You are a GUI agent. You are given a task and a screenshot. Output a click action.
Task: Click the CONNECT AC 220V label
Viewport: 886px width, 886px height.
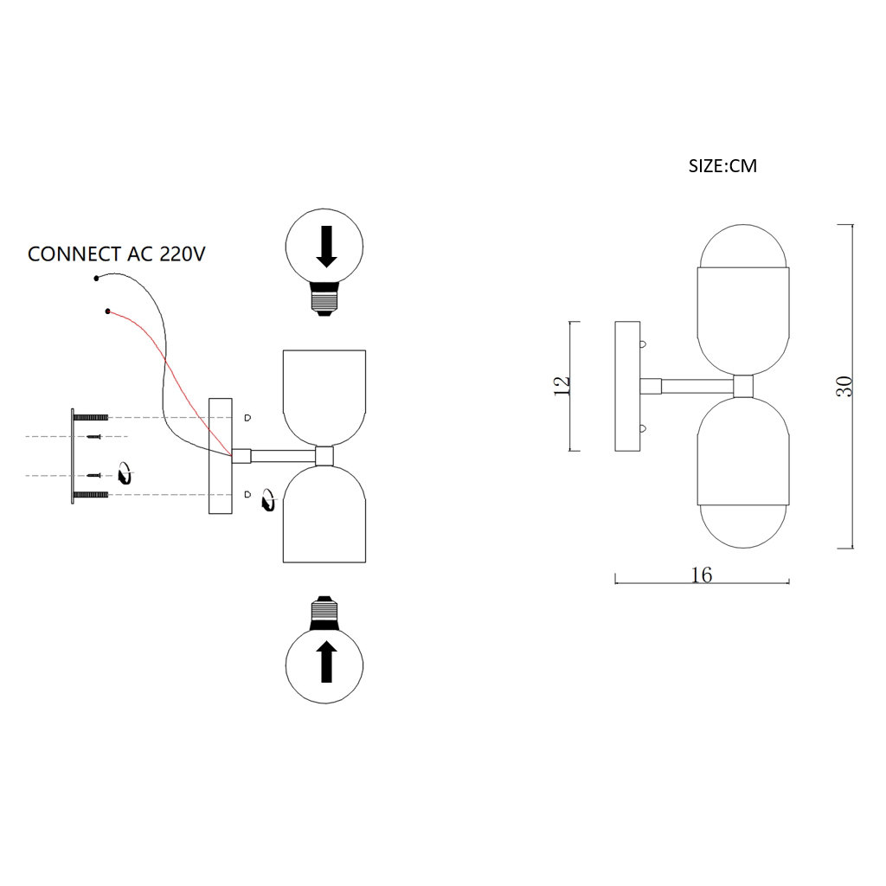pyautogui.click(x=116, y=254)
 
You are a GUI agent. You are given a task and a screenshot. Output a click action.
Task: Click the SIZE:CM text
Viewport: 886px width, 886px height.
pyautogui.click(x=722, y=166)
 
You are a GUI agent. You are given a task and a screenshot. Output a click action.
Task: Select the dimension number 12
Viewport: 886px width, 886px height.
pyautogui.click(x=562, y=386)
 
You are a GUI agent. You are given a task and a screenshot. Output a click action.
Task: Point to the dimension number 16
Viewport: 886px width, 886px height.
pyautogui.click(x=702, y=575)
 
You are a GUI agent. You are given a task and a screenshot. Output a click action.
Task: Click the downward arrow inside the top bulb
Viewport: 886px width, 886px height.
pyautogui.click(x=326, y=247)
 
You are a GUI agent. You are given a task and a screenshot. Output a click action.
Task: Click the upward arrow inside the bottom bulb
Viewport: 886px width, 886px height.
pyautogui.click(x=326, y=662)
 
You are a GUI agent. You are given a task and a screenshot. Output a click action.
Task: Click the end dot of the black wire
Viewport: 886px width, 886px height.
pyautogui.click(x=96, y=279)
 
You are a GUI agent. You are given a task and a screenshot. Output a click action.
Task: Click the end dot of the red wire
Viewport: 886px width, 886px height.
pyautogui.click(x=107, y=311)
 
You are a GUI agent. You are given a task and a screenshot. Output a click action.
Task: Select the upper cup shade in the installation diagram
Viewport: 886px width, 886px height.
pyautogui.click(x=324, y=394)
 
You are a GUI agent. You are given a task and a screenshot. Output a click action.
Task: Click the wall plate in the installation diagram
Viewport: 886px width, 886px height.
pyautogui.click(x=221, y=456)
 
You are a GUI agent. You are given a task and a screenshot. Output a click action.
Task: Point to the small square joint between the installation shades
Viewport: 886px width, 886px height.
pyautogui.click(x=325, y=456)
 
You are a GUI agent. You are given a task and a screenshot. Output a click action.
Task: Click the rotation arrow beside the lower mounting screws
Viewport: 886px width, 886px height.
pyautogui.click(x=125, y=473)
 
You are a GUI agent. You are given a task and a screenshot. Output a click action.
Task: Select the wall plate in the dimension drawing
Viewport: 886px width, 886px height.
pyautogui.click(x=626, y=386)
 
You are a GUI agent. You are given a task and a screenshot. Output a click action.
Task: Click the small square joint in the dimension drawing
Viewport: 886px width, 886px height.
pyautogui.click(x=743, y=386)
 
